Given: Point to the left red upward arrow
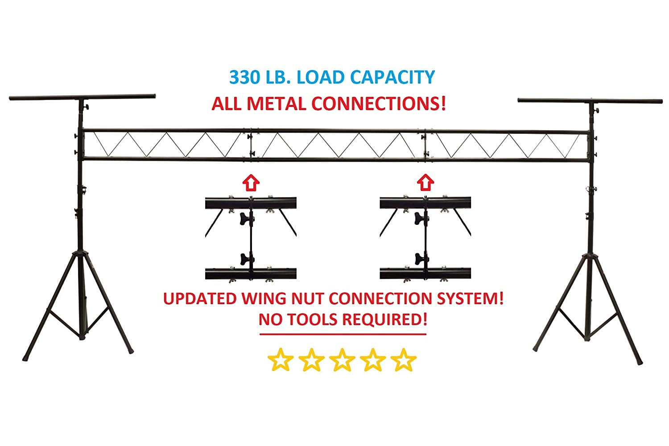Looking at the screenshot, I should [251, 182].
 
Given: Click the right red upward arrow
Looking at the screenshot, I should [425, 182].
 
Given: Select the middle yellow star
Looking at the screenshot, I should [342, 360].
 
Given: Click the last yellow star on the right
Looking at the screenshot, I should [404, 360].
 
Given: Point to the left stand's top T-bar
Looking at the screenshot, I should [83, 97].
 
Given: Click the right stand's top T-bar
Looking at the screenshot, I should [590, 101].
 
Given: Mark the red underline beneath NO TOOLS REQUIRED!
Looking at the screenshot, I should [343, 334].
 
